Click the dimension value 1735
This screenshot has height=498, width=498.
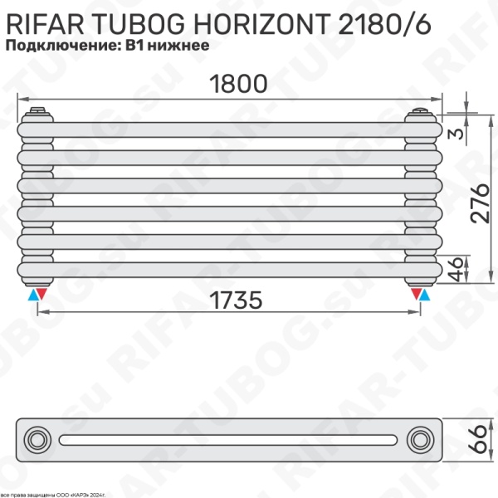pos(227,300)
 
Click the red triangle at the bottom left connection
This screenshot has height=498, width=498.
pos(43,294)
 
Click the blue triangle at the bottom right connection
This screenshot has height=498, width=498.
pos(425,294)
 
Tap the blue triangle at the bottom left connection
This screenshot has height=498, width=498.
pos(33,294)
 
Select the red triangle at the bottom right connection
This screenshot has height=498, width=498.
pos(415,294)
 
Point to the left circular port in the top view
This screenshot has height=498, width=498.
pos(37,438)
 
